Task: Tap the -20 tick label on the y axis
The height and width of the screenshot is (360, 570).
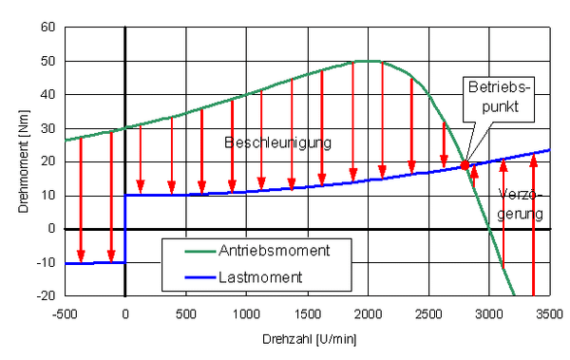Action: (46, 296)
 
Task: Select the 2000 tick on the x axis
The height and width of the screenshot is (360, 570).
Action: (368, 313)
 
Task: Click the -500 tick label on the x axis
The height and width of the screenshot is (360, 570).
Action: (65, 313)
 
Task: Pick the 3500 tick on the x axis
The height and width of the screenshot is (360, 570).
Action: (550, 313)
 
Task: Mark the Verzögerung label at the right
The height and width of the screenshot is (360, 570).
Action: (522, 203)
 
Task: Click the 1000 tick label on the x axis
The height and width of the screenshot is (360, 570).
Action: (246, 313)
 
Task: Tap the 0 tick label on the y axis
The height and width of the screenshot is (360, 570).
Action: (51, 229)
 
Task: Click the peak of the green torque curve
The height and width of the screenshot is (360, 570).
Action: (368, 61)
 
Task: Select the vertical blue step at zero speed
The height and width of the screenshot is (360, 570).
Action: (125, 228)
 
